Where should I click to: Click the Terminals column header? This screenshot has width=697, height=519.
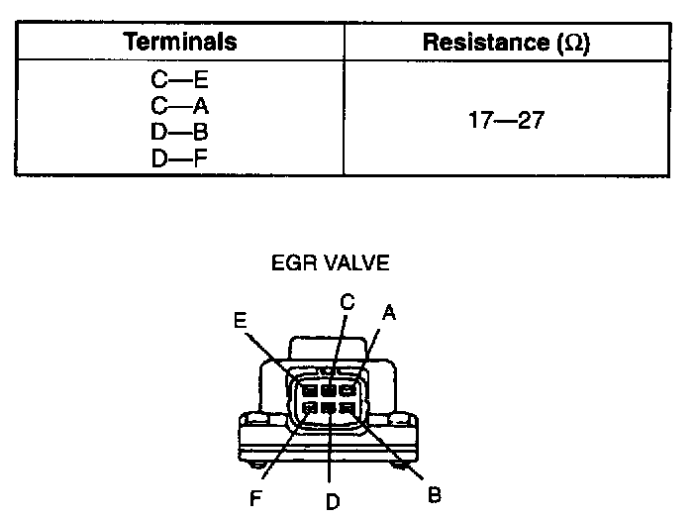(x=179, y=42)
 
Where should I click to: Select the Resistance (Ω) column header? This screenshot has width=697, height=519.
(x=506, y=42)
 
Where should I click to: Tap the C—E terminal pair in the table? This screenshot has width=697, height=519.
(x=179, y=76)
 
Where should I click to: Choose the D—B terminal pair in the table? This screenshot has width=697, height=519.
(x=179, y=129)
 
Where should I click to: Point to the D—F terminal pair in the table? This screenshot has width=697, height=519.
(x=179, y=156)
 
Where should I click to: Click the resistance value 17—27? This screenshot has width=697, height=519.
(x=506, y=122)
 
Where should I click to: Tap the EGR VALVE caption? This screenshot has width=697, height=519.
(x=330, y=263)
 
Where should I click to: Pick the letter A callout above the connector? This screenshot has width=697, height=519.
(x=389, y=313)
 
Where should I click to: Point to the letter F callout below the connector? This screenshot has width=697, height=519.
(x=255, y=499)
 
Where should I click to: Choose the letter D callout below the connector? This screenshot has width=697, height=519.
(x=333, y=501)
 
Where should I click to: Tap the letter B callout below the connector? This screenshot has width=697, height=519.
(x=434, y=493)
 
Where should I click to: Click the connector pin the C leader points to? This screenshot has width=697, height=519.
(x=328, y=389)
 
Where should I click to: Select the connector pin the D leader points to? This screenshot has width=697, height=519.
(x=328, y=408)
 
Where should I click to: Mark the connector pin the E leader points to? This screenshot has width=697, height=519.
(x=310, y=389)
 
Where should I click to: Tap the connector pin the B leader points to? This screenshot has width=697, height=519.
(x=346, y=408)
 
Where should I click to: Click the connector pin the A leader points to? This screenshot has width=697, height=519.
(x=347, y=389)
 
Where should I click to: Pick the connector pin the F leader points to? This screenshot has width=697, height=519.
(x=310, y=408)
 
